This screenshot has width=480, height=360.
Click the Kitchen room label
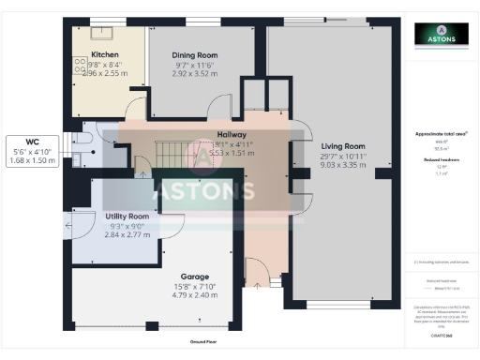[x=104, y=55]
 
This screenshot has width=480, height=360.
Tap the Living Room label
[x=343, y=146]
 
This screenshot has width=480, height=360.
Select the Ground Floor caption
[x=202, y=343]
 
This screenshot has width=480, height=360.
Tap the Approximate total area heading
[x=441, y=135]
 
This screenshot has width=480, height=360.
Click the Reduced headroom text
[x=441, y=160]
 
